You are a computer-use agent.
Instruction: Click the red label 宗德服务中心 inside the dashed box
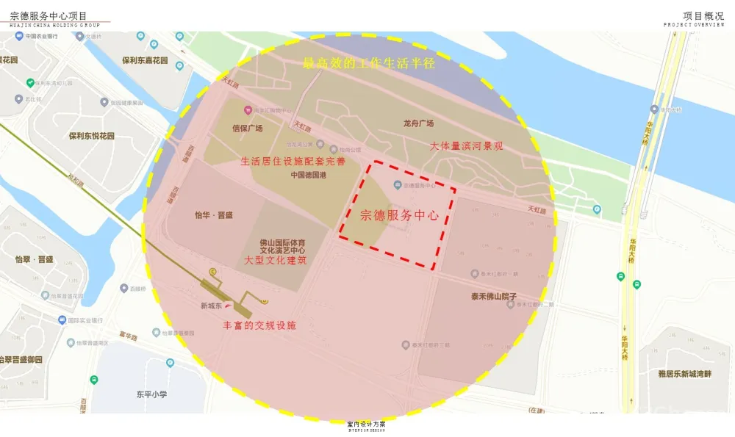399,216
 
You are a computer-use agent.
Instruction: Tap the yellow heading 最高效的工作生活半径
369,63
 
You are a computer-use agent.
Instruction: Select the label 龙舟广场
418,123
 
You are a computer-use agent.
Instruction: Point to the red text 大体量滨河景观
467,146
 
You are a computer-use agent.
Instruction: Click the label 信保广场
248,128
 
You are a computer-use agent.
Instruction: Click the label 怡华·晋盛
213,215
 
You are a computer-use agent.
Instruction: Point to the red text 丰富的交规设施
259,325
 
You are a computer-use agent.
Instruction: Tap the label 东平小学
151,394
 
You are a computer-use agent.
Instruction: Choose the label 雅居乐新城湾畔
685,375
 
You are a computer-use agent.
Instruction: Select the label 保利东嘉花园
145,60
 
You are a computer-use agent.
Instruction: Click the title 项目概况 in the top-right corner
703,15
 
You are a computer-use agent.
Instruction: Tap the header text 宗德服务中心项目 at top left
49,15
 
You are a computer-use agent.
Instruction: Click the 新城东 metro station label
212,306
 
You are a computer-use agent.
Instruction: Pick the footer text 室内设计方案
366,424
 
